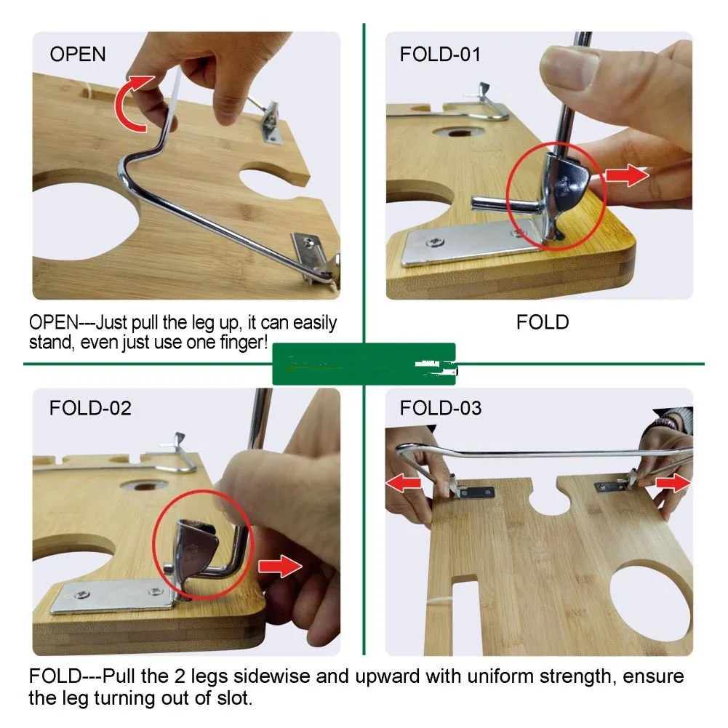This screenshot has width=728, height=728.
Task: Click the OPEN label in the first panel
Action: pyautogui.click(x=78, y=55)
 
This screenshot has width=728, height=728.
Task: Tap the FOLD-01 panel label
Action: pyautogui.click(x=440, y=55)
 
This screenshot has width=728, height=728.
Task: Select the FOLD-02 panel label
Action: pyautogui.click(x=90, y=408)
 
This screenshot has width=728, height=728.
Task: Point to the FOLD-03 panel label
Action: pyautogui.click(x=441, y=408)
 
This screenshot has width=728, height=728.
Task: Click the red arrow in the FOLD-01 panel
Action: pyautogui.click(x=627, y=175)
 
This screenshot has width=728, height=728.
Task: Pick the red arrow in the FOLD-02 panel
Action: pyautogui.click(x=280, y=566)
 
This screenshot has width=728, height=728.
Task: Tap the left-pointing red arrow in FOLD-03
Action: pyautogui.click(x=403, y=483)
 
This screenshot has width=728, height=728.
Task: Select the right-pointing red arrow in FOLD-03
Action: pyautogui.click(x=673, y=483)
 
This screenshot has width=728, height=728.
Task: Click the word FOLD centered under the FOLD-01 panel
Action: pyautogui.click(x=543, y=322)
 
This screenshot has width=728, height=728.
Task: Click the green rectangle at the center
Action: pyautogui.click(x=364, y=364)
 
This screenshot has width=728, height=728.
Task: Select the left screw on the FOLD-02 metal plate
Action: pyautogui.click(x=82, y=594)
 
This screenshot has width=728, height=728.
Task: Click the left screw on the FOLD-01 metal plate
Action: pyautogui.click(x=435, y=241)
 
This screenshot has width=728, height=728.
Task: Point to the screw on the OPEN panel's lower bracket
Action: pyautogui.click(x=308, y=241)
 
